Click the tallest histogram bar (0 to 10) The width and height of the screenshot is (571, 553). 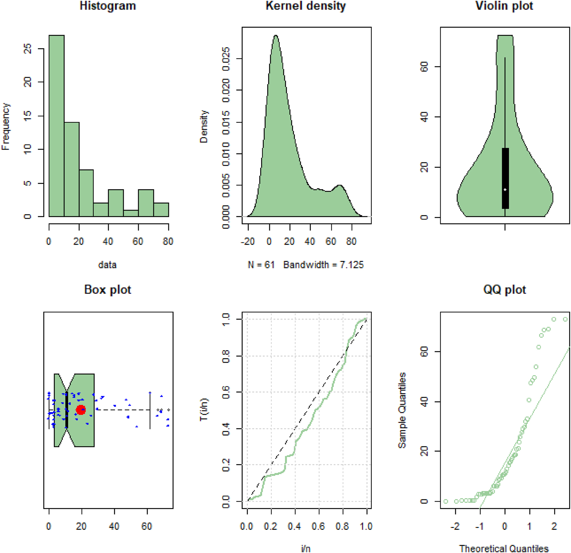[x=56, y=127]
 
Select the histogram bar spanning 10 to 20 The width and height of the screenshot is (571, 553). [x=72, y=169]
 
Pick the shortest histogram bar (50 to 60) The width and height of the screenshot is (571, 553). [x=131, y=213]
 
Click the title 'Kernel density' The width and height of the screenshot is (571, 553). [x=306, y=6]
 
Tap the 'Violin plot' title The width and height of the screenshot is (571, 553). [x=504, y=6]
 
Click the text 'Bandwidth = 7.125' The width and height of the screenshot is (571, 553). [x=323, y=265]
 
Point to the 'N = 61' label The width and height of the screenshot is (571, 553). [x=261, y=265]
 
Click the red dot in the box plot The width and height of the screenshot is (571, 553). [x=81, y=410]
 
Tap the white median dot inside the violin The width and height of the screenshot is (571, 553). [x=505, y=190]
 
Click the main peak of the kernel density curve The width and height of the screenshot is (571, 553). [x=276, y=36]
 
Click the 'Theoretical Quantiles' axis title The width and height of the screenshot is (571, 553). [x=504, y=549]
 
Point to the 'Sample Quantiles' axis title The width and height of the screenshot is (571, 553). [x=402, y=410]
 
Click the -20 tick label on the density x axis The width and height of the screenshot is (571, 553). [x=247, y=241]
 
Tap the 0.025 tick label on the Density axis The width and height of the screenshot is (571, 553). [x=226, y=59]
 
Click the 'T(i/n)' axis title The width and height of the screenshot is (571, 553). [x=204, y=410]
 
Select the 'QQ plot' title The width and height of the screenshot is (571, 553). [x=504, y=290]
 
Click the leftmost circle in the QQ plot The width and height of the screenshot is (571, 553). [x=446, y=501]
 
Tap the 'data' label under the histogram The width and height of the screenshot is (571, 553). [x=107, y=265]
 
